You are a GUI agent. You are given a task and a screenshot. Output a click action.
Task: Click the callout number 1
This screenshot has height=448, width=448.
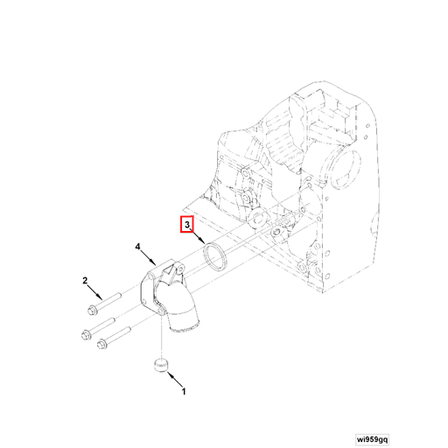pyautogui.click(x=184, y=393)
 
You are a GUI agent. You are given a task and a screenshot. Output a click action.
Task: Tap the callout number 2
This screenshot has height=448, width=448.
pyautogui.click(x=86, y=281)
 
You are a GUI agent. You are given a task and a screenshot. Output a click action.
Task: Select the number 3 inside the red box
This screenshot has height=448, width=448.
pyautogui.click(x=186, y=225)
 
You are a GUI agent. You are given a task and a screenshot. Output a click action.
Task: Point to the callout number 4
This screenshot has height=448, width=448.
pyautogui.click(x=138, y=248)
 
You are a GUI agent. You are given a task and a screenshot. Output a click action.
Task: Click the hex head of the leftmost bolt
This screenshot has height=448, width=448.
pyautogui.click(x=86, y=333)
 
